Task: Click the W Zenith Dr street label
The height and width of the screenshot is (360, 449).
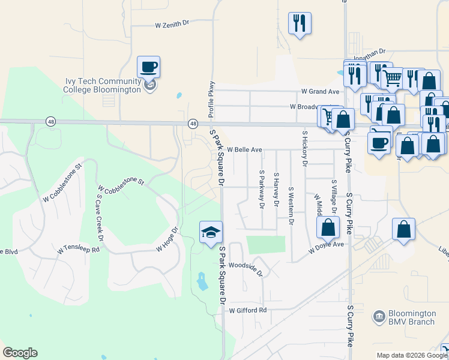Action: tap(172, 25)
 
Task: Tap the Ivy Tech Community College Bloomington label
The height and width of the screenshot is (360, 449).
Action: tap(103, 86)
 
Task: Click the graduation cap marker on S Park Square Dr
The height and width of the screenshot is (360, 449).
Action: tap(211, 232)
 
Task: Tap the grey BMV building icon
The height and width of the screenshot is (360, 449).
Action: tap(379, 316)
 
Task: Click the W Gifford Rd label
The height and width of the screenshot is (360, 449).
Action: tap(247, 310)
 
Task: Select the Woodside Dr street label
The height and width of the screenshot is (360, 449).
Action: tap(246, 268)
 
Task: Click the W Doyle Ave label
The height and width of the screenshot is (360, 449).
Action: tap(326, 245)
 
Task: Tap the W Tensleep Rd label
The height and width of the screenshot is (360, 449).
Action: tap(78, 249)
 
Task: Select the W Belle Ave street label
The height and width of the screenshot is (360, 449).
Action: tap(244, 149)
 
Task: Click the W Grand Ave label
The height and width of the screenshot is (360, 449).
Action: tap(320, 92)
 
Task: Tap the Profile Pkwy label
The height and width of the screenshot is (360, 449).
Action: tap(211, 99)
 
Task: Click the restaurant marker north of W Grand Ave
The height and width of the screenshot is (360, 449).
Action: tap(298, 23)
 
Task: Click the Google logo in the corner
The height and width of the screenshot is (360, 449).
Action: tap(20, 353)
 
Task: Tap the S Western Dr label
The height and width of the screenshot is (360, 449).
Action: tap(291, 206)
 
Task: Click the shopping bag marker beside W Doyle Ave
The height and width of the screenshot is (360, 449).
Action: tap(328, 228)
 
